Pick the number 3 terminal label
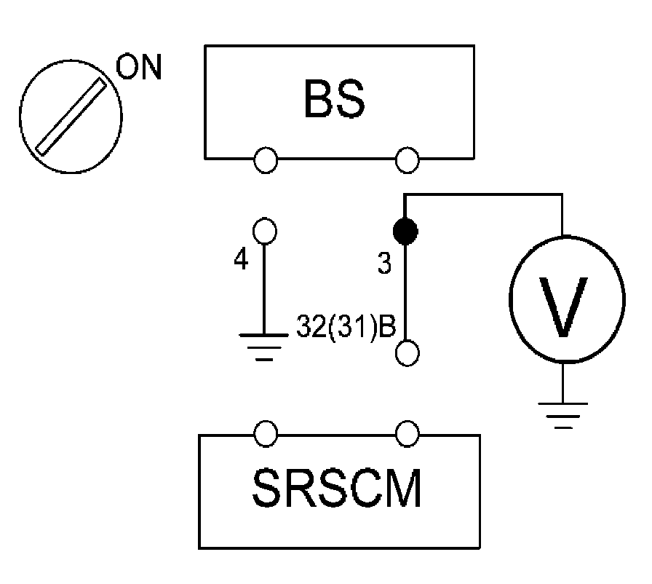[x=384, y=264]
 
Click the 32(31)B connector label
[x=346, y=328]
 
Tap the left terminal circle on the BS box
[x=266, y=159]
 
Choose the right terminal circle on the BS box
[x=407, y=159]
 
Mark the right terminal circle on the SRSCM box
[x=407, y=435]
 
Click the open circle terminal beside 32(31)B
[x=407, y=353]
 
